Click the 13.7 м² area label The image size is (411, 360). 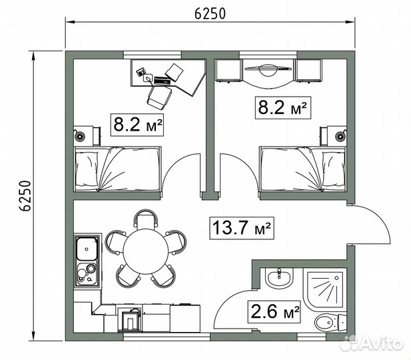click(x=242, y=228)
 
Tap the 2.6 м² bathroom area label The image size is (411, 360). click(x=274, y=311)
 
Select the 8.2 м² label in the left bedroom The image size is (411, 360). click(x=137, y=125)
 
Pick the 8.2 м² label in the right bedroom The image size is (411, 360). click(x=283, y=107)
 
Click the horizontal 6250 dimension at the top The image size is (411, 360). click(x=210, y=13)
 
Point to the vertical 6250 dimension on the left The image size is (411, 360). click(x=26, y=196)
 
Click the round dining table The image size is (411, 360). click(x=146, y=251)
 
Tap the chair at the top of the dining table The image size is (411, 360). click(x=146, y=219)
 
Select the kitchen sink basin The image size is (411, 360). click(x=87, y=249)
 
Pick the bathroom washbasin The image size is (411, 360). click(x=278, y=277)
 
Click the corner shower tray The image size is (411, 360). click(x=325, y=289)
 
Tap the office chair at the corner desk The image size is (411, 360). click(x=159, y=97)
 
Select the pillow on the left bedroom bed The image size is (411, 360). click(x=87, y=169)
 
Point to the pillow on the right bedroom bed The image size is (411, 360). click(x=334, y=169)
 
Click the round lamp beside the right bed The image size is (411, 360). click(x=341, y=136)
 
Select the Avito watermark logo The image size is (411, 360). click(x=373, y=343)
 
